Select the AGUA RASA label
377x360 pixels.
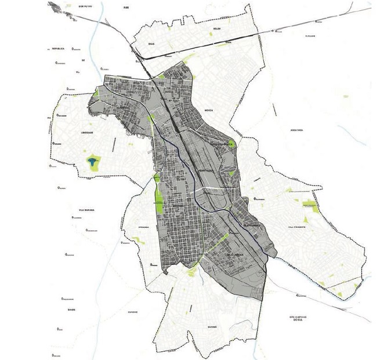click(x=288, y=131)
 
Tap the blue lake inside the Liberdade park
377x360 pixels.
click(x=92, y=161)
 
